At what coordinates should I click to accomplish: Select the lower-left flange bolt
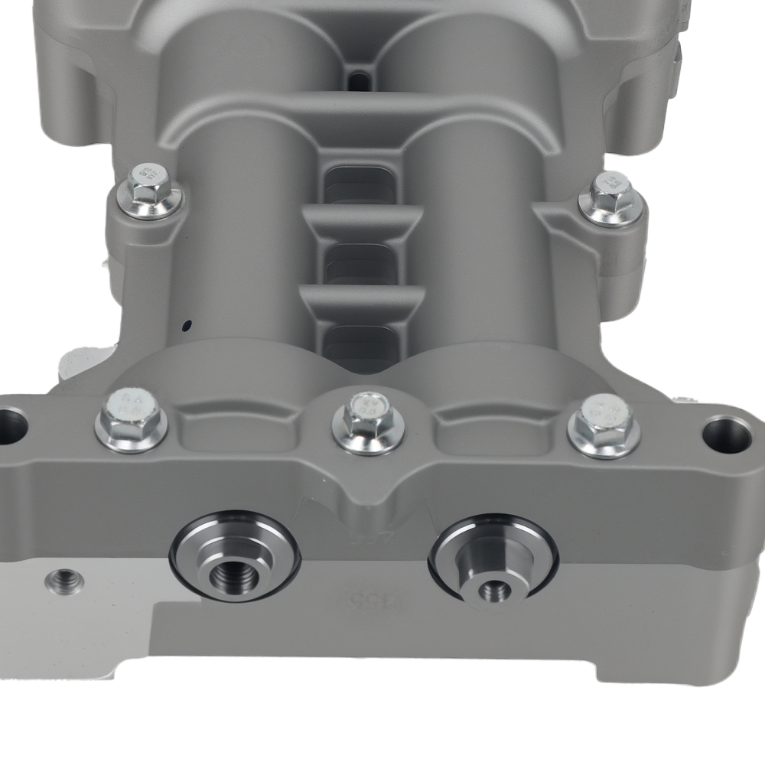pos(131,418)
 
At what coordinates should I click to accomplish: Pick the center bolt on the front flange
pos(368,422)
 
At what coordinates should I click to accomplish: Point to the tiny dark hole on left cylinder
pos(185,326)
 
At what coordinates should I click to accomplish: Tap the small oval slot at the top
pos(358,80)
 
